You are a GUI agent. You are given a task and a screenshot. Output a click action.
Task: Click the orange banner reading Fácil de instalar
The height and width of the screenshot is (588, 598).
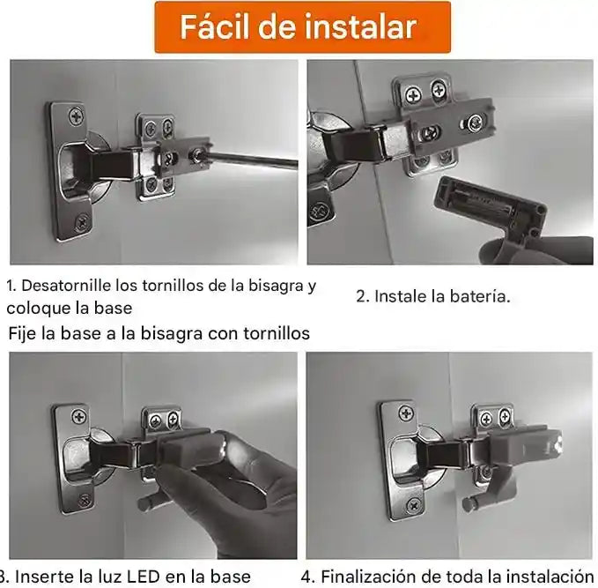point(302,27)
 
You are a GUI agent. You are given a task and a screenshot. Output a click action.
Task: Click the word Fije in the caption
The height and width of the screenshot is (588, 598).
point(23,333)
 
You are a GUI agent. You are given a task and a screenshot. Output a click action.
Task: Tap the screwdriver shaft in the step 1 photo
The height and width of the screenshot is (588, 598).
point(251,160)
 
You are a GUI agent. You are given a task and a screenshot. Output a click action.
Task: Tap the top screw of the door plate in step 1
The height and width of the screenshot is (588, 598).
point(77,115)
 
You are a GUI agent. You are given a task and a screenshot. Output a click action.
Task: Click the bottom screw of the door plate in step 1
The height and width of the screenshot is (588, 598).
point(82,222)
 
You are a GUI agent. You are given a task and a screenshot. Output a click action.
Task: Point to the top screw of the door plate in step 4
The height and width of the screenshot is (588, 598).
point(406,413)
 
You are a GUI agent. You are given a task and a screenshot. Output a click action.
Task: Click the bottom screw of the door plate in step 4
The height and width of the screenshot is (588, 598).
point(414,505)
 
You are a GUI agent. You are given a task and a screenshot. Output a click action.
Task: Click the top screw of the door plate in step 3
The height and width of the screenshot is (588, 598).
point(79,417)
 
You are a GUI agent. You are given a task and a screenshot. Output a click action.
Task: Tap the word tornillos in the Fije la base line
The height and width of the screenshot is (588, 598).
point(277,333)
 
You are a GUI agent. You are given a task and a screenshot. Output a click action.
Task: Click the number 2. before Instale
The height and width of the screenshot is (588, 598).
point(363,296)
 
